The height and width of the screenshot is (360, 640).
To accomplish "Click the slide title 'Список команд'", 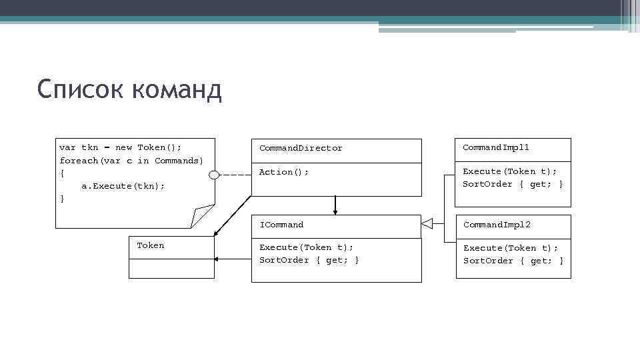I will coord(129,90).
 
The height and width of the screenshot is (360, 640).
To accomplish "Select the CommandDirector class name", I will coord(301,148).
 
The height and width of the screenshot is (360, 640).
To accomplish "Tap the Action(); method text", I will coord(284,172).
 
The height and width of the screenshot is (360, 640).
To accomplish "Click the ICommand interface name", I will coord(281,225).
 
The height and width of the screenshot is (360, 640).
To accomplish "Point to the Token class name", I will coord(150,245).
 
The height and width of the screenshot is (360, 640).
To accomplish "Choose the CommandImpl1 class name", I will coord(495,147).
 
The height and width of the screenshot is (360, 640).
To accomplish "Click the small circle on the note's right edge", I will coord(213,175).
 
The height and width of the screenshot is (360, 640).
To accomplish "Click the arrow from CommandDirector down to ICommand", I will coord(335,205).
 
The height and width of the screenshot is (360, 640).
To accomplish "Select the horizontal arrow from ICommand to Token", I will coord(233,259).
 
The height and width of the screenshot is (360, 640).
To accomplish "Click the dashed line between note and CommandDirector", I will coord(235,175).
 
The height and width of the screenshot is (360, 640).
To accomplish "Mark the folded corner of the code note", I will coord(201,216).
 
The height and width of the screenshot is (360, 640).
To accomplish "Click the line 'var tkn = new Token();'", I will coord(120,147).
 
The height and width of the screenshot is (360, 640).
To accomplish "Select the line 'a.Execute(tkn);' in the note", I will coord(123,186).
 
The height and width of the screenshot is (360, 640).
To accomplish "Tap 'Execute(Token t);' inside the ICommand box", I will coord(306,247).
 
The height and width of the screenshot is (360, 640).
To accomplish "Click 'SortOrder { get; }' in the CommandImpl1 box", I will coord(513,184).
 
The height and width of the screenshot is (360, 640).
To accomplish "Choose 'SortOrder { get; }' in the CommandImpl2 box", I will coord(513,261).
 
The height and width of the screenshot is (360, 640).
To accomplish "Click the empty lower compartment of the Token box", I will coord(171,267).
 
